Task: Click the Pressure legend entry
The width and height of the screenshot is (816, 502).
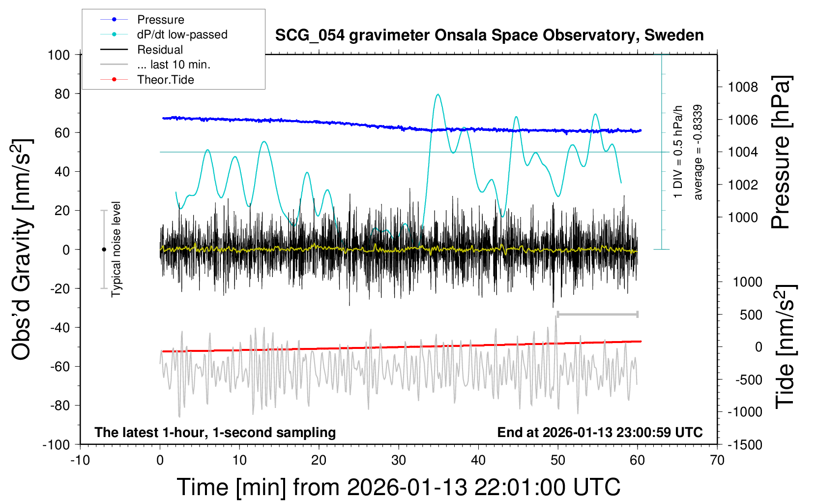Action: [x=160, y=20]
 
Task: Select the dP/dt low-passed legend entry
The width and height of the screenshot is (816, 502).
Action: [x=182, y=34]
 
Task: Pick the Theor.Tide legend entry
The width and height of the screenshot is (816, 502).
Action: [x=165, y=80]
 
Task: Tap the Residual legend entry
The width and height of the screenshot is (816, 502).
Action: [x=160, y=50]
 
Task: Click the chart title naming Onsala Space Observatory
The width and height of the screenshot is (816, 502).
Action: [x=489, y=35]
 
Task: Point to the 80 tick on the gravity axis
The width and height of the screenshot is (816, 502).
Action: [x=62, y=94]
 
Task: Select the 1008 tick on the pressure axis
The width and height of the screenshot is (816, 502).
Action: [x=743, y=87]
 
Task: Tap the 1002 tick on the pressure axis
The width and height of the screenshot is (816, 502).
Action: [x=743, y=185]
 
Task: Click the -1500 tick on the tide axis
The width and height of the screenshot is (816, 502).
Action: [x=745, y=444]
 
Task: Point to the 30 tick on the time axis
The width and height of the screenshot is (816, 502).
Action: [x=399, y=460]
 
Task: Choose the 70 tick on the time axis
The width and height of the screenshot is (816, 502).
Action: [x=717, y=460]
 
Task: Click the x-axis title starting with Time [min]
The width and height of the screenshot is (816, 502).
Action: [x=399, y=487]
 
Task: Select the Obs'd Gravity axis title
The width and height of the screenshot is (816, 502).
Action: [x=22, y=250]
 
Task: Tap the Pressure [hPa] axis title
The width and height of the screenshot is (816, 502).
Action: [x=781, y=153]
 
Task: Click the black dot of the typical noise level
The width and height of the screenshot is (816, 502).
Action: [x=104, y=250]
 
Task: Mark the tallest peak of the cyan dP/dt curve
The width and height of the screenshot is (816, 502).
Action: [x=437, y=94]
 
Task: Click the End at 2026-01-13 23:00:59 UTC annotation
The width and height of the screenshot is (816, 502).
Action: [x=600, y=432]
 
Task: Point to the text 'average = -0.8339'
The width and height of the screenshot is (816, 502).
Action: [x=698, y=153]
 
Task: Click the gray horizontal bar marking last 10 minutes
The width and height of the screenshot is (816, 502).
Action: [x=597, y=314]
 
